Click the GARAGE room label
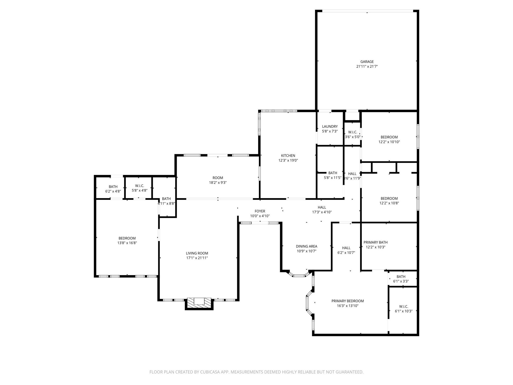[367, 62]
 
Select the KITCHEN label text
[288, 156]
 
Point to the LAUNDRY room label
[330, 127]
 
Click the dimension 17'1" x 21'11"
[197, 258]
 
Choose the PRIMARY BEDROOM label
[347, 301]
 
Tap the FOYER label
[260, 211]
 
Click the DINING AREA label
[306, 246]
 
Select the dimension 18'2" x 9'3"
[218, 183]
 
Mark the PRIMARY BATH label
[375, 242]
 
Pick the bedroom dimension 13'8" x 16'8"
[127, 243]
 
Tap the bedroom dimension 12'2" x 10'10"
[389, 142]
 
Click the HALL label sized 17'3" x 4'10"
[322, 207]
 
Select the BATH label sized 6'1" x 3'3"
[401, 277]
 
